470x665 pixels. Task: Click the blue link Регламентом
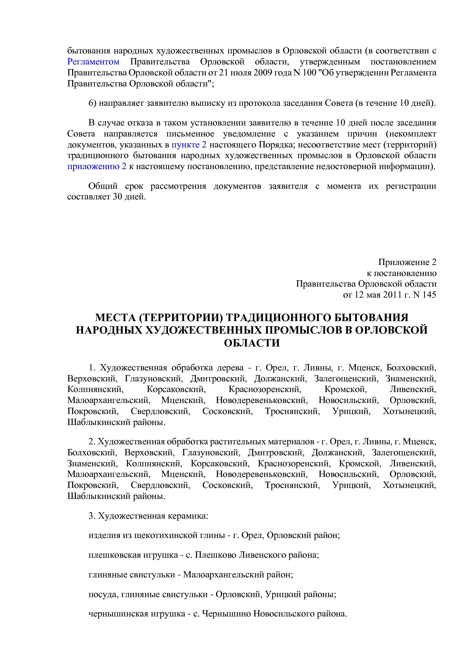[x=93, y=62]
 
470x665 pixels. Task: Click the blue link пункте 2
[x=189, y=144]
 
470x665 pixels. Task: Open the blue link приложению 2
[x=97, y=166]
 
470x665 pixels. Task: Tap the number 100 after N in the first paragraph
[x=309, y=73]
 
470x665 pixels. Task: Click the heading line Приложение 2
[x=407, y=262]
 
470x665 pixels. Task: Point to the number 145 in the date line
[x=429, y=295]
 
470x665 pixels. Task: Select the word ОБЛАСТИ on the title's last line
[x=252, y=343]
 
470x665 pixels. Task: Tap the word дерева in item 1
[x=230, y=368]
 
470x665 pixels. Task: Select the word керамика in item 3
[x=188, y=516]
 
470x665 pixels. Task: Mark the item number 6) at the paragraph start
[x=92, y=103]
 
